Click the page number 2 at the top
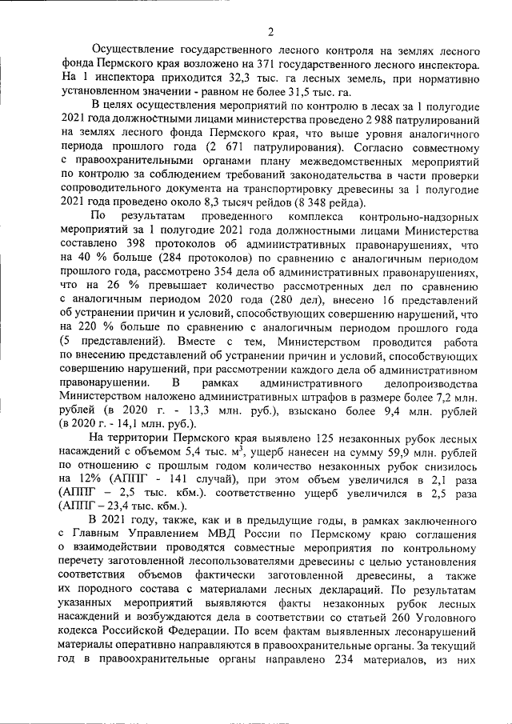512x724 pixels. pyautogui.click(x=270, y=32)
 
